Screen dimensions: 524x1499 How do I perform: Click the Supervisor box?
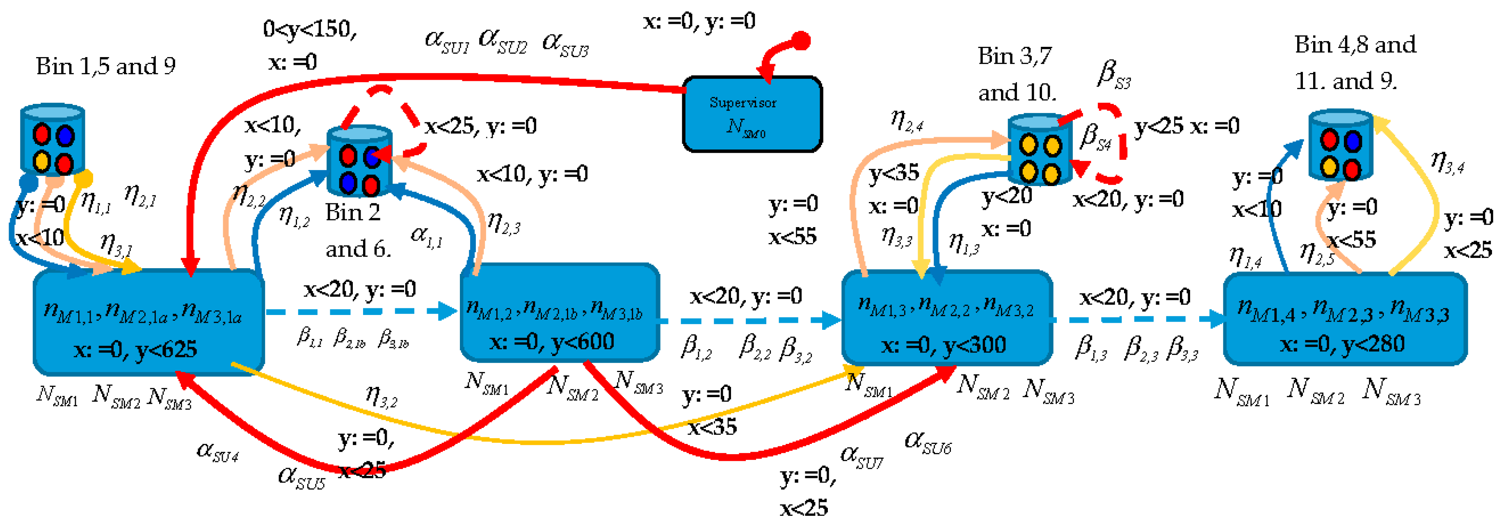[752, 114]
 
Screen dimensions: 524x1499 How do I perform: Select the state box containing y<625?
[149, 322]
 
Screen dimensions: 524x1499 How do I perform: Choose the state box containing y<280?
[1345, 319]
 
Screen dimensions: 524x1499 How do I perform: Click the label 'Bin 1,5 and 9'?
[105, 67]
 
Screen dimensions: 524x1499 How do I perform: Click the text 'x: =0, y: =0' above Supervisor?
[699, 21]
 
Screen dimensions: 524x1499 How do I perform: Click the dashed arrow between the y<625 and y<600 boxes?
[361, 312]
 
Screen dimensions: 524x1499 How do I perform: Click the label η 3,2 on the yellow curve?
[381, 396]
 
